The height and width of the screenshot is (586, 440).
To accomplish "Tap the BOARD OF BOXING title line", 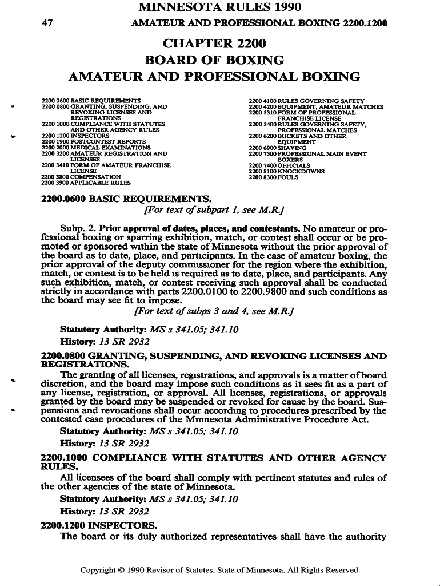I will pyautogui.click(x=214, y=60).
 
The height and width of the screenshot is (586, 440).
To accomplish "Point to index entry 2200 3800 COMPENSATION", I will pyautogui.click(x=81, y=177).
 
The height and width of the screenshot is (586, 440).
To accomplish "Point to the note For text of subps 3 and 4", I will pyautogui.click(x=214, y=311).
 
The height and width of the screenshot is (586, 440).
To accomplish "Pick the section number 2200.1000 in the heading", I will pyautogui.click(x=65, y=458).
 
